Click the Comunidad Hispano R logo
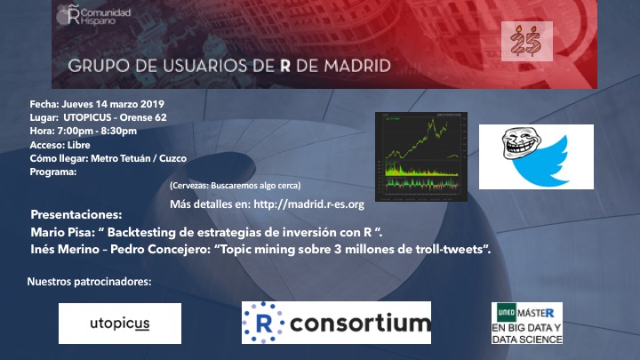(94, 15)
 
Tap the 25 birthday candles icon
(527, 41)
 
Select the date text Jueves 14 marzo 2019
(113, 104)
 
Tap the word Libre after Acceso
(79, 145)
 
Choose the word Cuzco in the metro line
(172, 158)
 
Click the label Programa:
(53, 172)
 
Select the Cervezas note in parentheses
(235, 185)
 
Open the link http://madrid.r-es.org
(308, 204)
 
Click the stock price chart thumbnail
(421, 156)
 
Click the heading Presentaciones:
(76, 214)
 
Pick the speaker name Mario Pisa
(61, 232)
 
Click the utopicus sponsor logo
(120, 324)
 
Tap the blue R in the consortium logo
(263, 324)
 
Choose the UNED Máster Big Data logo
(527, 324)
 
